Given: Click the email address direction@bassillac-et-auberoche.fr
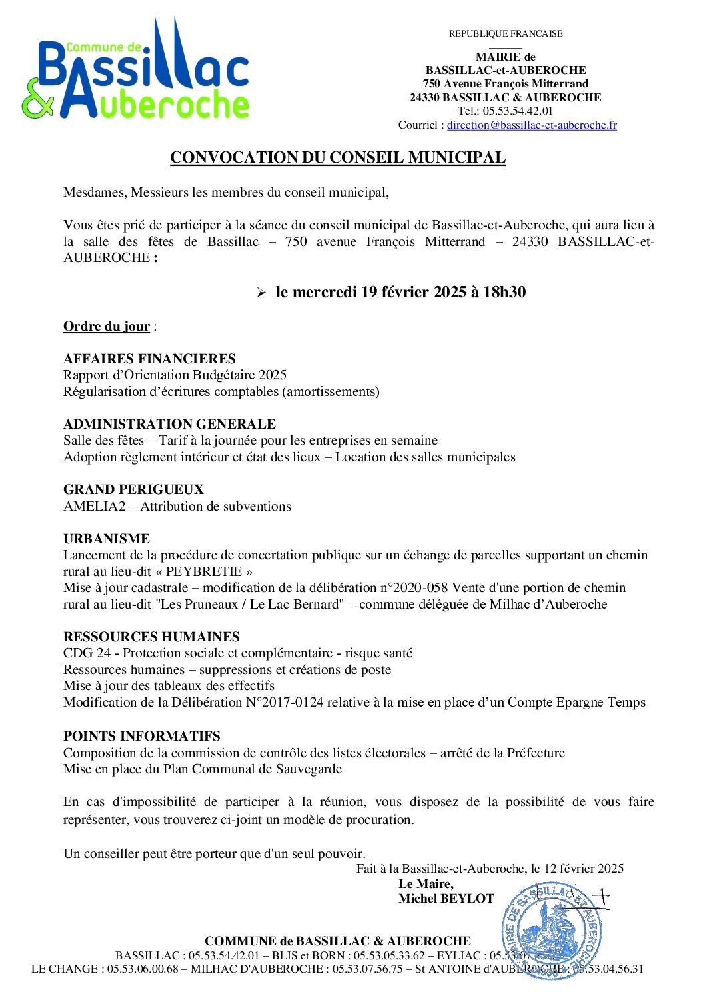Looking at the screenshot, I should [532, 125].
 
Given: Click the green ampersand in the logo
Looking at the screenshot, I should [37, 99].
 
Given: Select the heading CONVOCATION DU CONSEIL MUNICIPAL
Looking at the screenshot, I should [338, 158].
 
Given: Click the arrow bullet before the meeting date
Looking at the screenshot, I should [261, 293].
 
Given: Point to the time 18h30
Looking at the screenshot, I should [504, 292].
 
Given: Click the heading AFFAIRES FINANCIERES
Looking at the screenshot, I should [149, 359].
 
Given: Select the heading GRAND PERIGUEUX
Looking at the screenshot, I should [133, 489].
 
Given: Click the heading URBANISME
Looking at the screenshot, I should [107, 539].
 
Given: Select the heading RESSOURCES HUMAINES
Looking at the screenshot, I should [151, 637].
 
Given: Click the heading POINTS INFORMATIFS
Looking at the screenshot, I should [142, 736].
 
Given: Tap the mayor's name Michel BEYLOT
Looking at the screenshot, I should [446, 899].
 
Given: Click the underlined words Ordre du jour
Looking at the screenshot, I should [107, 327].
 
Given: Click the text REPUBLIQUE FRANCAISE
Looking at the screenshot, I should [506, 34].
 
